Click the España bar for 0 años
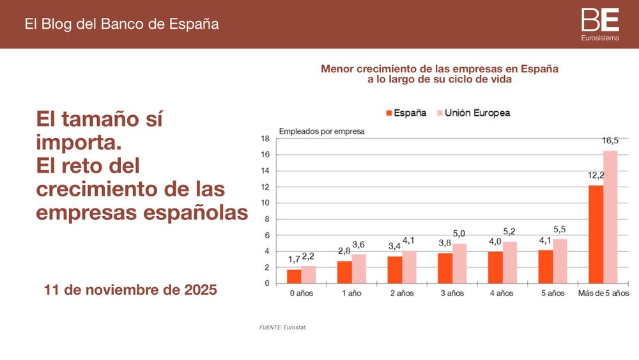[294, 276]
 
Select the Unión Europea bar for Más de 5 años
[610, 217]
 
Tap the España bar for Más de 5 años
[596, 234]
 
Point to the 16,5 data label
[610, 141]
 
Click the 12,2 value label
[596, 175]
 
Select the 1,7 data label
[294, 260]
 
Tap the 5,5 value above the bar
[560, 229]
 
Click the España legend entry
[406, 113]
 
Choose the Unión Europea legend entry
[473, 113]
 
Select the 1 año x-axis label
[351, 293]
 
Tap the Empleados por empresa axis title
[321, 132]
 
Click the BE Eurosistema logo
[600, 24]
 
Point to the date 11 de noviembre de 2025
[131, 290]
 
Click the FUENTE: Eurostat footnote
[282, 327]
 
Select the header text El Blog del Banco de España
[121, 24]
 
